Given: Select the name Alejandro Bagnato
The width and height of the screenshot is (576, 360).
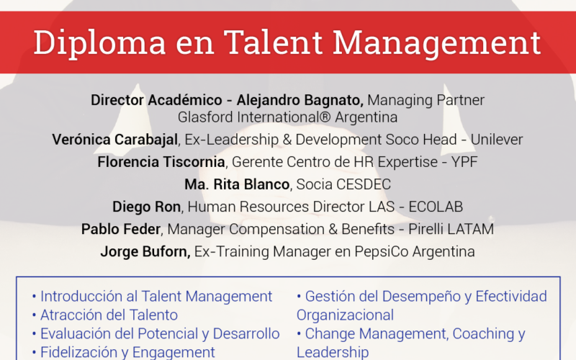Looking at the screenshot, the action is tap(300, 100).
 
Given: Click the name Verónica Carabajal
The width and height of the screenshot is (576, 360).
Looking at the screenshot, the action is tap(115, 140).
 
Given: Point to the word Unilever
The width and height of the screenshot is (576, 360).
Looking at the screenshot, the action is tap(497, 140).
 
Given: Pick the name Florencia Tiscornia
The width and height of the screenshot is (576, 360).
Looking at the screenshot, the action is tap(161, 162).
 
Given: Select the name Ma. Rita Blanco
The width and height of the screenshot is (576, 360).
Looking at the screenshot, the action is tap(237, 184).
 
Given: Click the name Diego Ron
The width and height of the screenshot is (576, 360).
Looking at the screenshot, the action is tap(147, 207).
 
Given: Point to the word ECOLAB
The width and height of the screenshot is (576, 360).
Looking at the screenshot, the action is tap(436, 207).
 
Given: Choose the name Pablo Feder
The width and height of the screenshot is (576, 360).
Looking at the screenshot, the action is tap(121, 229).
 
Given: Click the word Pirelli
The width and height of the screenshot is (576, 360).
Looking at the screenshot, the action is tap(426, 229).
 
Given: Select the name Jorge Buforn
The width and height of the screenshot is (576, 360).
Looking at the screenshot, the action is tap(145, 251).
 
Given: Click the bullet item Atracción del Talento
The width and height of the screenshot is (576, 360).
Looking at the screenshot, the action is tap(105, 315).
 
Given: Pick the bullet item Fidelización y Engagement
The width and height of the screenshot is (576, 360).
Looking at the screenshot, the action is tap(123, 352).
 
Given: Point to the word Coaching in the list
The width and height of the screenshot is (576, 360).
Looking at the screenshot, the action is tap(483, 334).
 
